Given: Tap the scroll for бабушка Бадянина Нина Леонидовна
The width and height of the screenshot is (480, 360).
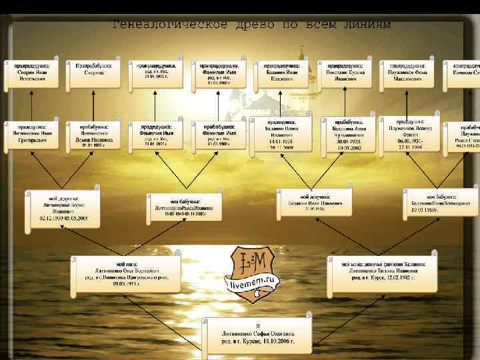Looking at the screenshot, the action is pyautogui.click(x=440, y=202).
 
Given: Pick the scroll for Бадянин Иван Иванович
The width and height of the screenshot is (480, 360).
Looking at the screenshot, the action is pyautogui.click(x=283, y=75).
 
